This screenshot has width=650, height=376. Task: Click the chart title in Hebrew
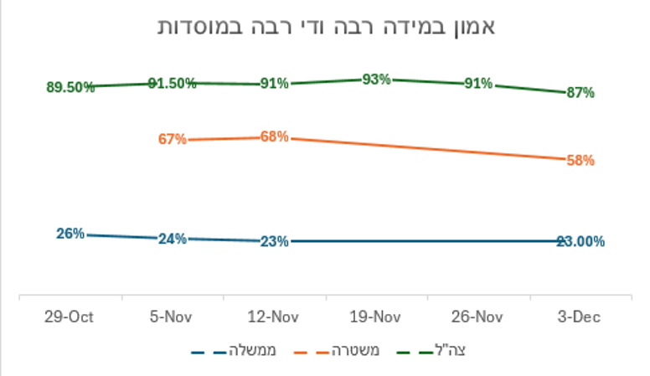pyautogui.click(x=327, y=26)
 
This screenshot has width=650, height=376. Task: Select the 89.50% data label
pyautogui.click(x=71, y=87)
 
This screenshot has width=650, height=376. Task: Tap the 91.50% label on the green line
pyautogui.click(x=173, y=82)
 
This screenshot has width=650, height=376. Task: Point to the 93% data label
pyautogui.click(x=376, y=79)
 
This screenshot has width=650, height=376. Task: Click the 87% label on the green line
pyautogui.click(x=580, y=92)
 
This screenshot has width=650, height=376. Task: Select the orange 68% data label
pyautogui.click(x=274, y=136)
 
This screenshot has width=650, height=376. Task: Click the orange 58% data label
pyautogui.click(x=580, y=160)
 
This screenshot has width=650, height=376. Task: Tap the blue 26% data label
pyautogui.click(x=70, y=234)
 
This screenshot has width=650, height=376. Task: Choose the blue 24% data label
pyautogui.click(x=172, y=239)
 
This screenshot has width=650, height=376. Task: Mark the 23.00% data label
pyautogui.click(x=580, y=241)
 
